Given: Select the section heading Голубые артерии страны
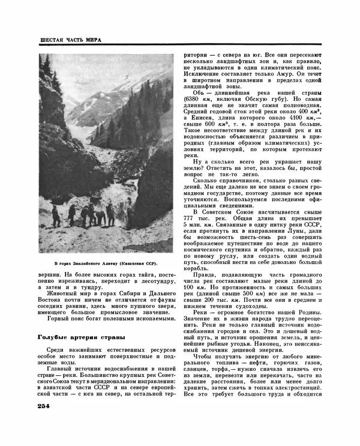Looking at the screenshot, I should (82, 337).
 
